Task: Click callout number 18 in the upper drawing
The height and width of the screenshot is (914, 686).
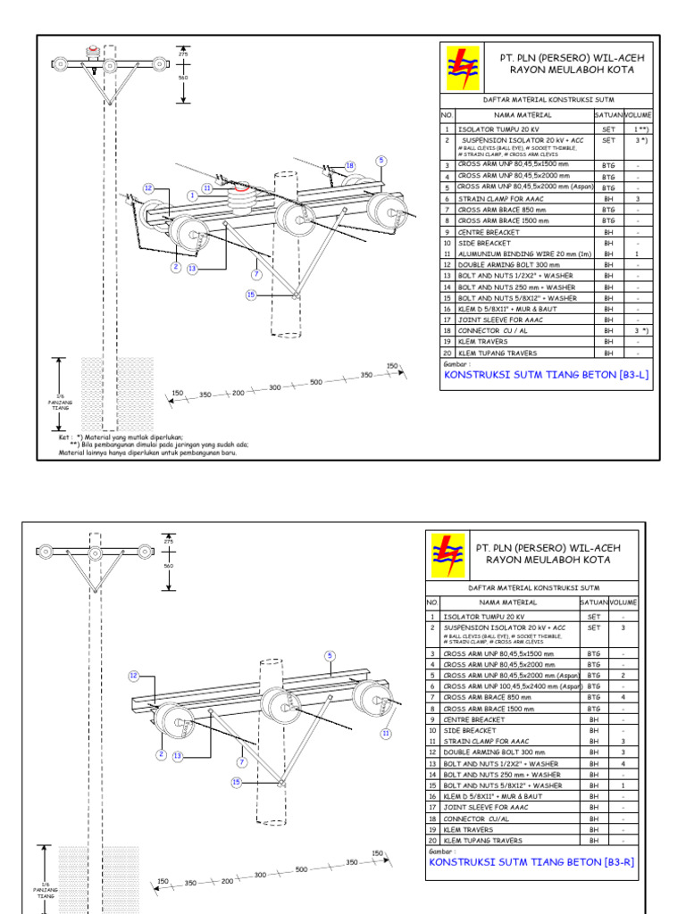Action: [350, 166]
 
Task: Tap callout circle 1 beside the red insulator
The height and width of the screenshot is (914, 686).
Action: [192, 195]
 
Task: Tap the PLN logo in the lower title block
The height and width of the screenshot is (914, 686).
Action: [448, 554]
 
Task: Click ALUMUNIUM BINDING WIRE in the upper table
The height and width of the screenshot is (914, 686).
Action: [512, 254]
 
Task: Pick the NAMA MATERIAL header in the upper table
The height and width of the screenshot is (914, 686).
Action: [516, 115]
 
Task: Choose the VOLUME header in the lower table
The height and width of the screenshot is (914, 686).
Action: [624, 602]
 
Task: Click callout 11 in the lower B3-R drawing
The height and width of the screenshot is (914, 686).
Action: [387, 733]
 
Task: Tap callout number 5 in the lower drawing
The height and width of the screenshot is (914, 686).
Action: [330, 655]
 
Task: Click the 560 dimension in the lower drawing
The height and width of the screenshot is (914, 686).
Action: [168, 565]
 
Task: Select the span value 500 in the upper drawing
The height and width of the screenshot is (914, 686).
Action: [315, 382]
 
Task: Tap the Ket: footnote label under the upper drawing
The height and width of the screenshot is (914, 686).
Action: [65, 438]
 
